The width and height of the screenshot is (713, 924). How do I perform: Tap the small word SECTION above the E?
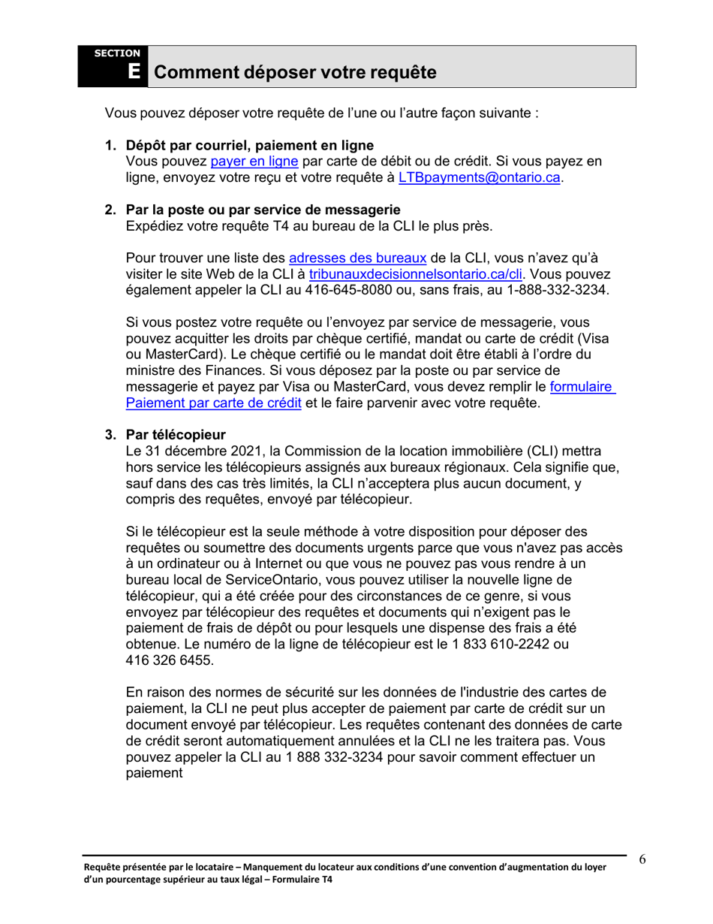116,53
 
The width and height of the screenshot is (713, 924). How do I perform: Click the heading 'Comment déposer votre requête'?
294,73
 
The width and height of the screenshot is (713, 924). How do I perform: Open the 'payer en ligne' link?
254,162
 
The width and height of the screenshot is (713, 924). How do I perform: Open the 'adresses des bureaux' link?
358,257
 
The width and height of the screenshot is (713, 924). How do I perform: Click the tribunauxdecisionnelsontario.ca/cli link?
417,273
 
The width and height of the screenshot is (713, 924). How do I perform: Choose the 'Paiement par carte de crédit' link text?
214,403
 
